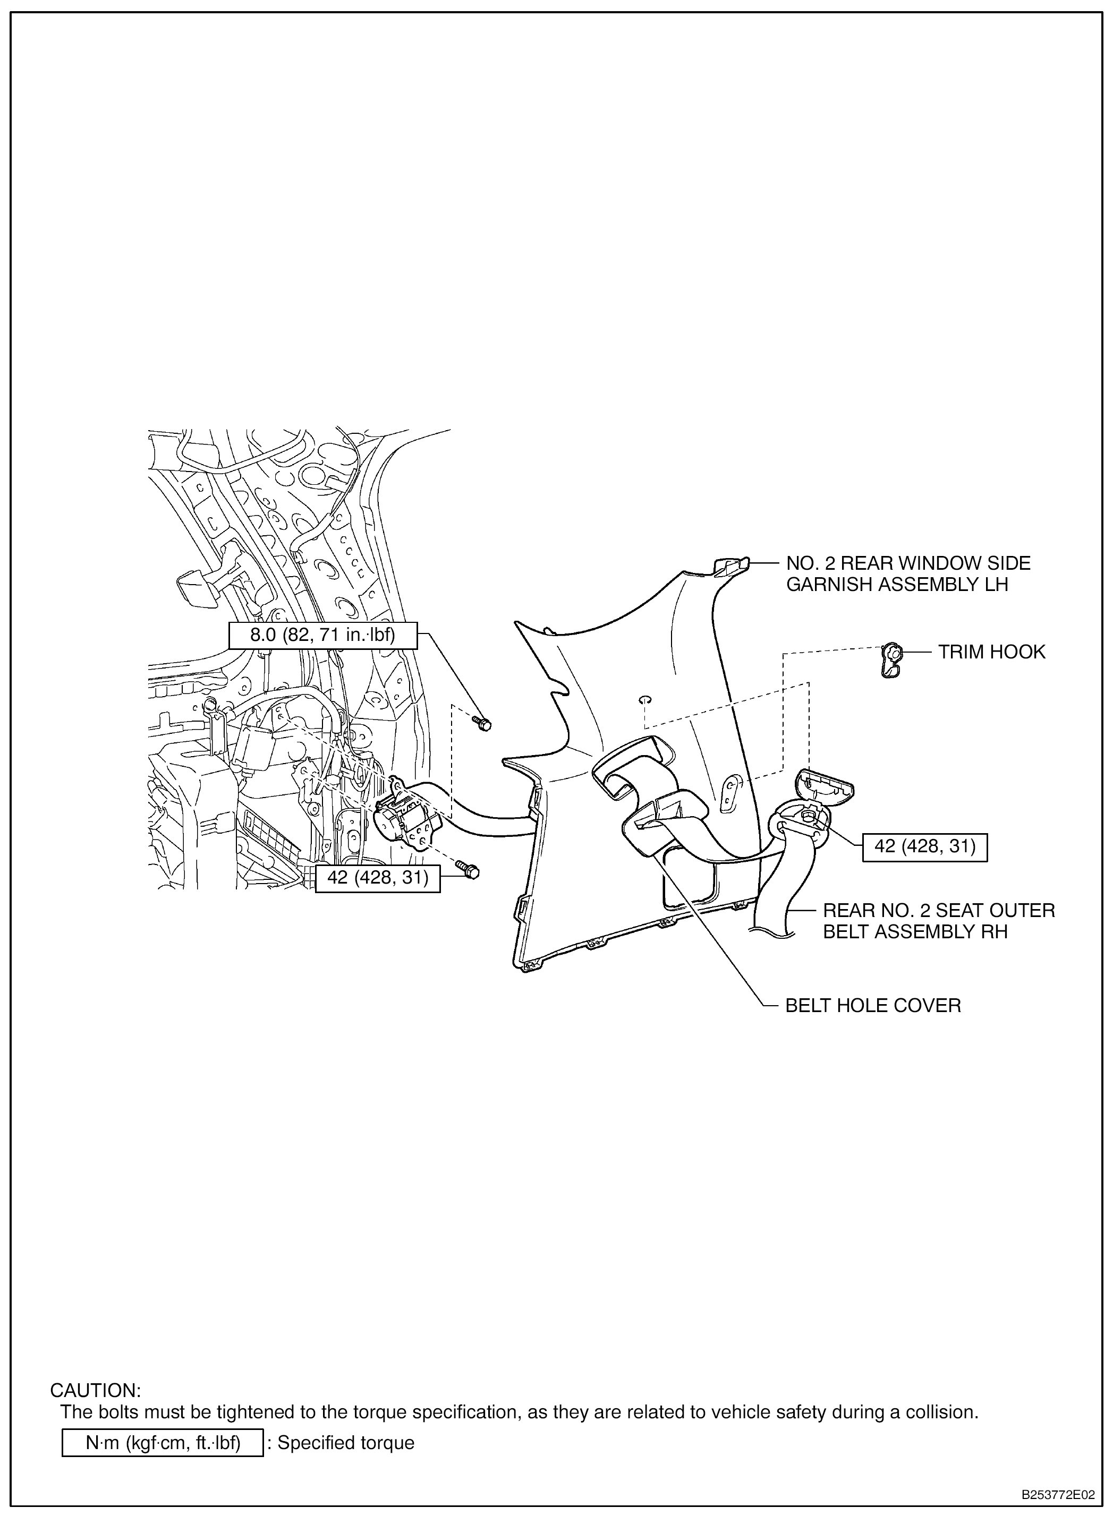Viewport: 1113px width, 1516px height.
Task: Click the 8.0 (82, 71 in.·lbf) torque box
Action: (x=322, y=635)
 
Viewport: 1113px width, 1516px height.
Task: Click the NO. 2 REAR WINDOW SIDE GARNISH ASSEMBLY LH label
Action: (x=908, y=574)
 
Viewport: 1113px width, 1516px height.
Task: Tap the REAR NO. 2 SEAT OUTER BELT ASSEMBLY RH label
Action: (x=939, y=921)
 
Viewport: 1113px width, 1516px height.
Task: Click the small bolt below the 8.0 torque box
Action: (x=483, y=723)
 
